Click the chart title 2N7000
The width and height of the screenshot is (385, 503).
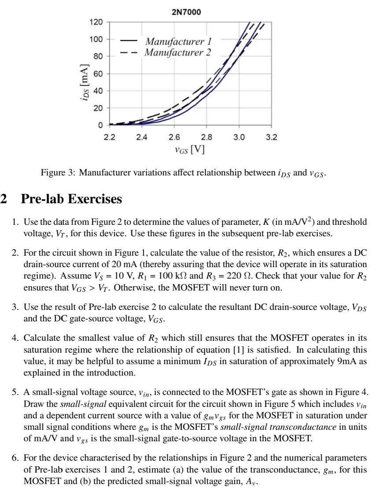coord(186,12)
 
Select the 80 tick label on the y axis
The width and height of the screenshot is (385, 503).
coord(99,56)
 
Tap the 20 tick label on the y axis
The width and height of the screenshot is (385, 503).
coord(99,108)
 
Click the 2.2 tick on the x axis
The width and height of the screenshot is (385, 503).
coord(109,137)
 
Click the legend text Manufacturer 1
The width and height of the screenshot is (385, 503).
coord(178,42)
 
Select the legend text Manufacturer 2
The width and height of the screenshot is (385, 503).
coord(178,52)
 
